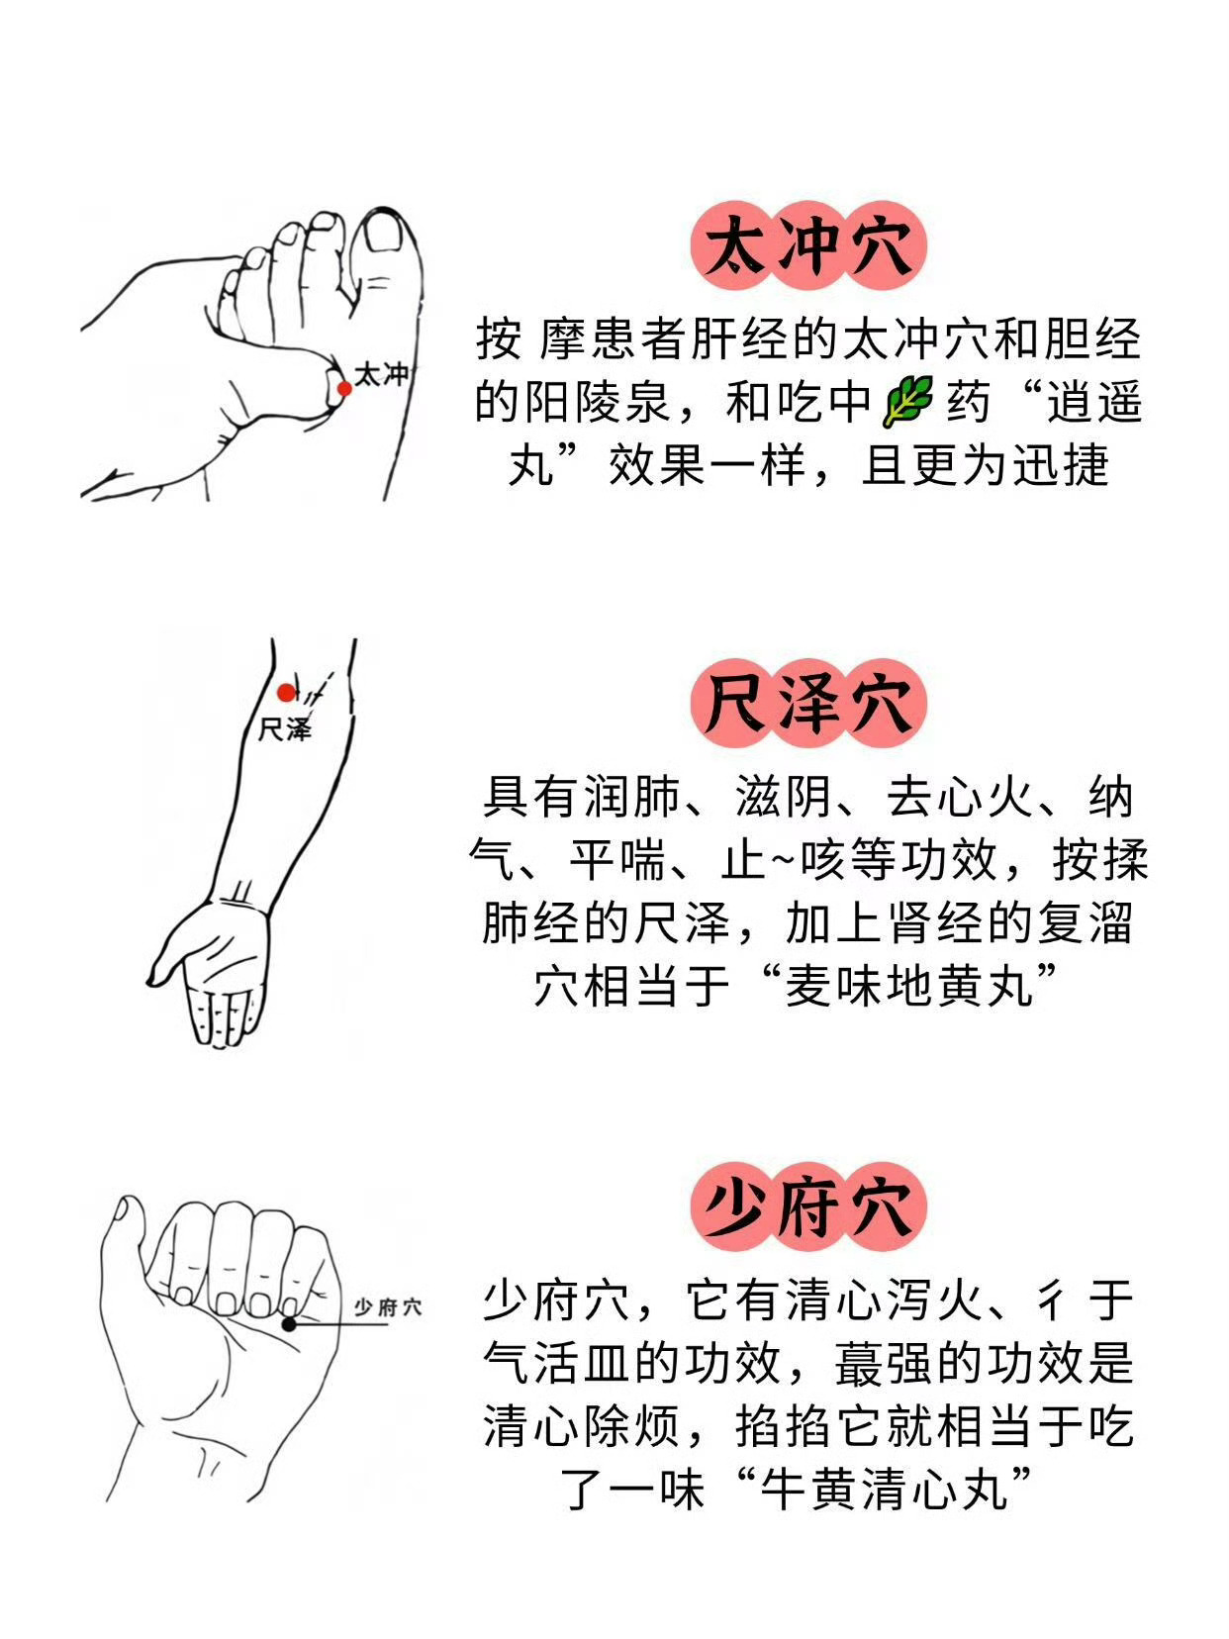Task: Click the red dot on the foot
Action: (x=344, y=388)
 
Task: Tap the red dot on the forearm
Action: (x=286, y=693)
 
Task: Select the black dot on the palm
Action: (x=289, y=1283)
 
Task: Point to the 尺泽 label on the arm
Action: (x=284, y=729)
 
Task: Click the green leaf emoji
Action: (x=908, y=401)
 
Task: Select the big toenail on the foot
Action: (x=385, y=233)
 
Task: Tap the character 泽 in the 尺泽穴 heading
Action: (x=809, y=704)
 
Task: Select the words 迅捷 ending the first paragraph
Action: (x=1061, y=464)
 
